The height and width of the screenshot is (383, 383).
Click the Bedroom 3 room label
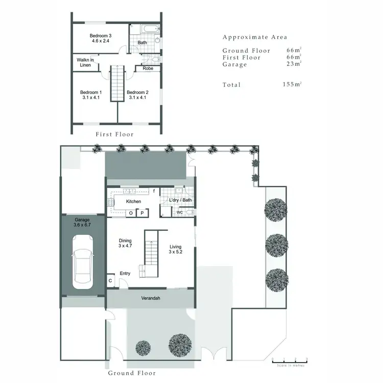click(101, 38)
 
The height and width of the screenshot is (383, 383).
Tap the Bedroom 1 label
click(91, 95)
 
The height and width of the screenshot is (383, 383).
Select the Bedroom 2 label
click(138, 95)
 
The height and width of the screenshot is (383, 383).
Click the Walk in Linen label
click(85, 62)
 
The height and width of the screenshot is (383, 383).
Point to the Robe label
click(148, 68)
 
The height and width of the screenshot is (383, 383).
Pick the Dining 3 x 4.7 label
click(125, 243)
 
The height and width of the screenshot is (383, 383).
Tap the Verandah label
click(151, 298)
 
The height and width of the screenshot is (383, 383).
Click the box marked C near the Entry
click(110, 280)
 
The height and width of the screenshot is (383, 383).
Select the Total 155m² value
click(291, 84)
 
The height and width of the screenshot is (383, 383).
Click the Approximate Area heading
click(255, 37)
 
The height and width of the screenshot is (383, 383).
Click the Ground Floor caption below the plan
click(132, 373)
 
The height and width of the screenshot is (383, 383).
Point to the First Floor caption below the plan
click(115, 134)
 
